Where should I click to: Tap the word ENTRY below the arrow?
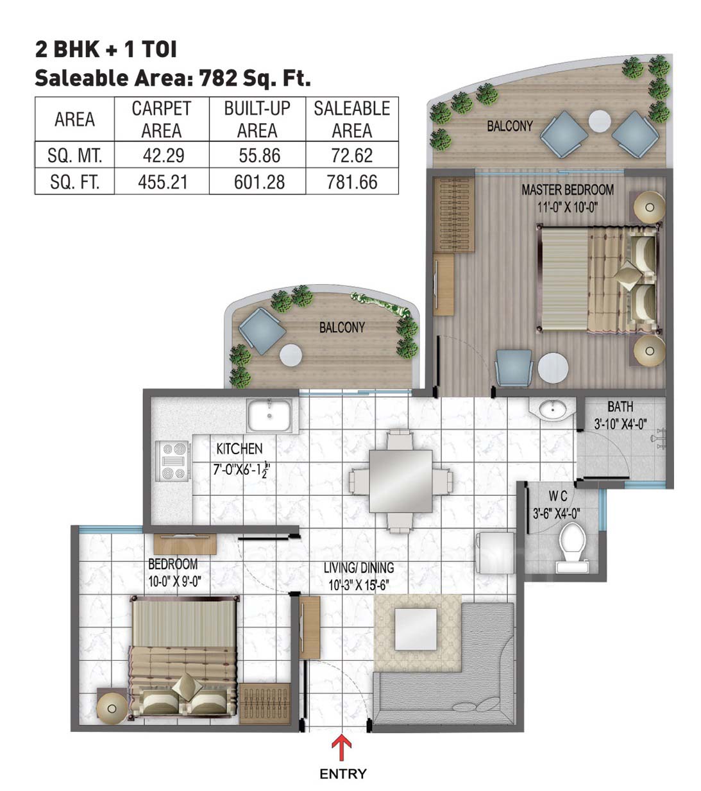(x=342, y=774)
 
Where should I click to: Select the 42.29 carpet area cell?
(x=163, y=155)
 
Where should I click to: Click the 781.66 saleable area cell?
(x=352, y=182)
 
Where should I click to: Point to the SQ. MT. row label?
(x=74, y=155)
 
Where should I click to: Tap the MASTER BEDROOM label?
(x=568, y=190)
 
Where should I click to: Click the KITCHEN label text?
(x=239, y=448)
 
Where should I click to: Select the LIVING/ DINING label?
(x=359, y=568)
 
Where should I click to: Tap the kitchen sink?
(x=269, y=416)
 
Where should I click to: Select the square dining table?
(x=400, y=481)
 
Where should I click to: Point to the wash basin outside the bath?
(x=552, y=409)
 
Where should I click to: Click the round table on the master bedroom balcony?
(x=599, y=121)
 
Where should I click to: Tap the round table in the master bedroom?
(x=553, y=368)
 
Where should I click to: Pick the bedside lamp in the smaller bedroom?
(x=112, y=708)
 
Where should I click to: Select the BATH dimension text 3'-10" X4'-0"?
(x=620, y=423)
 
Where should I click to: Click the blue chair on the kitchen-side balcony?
(x=262, y=330)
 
